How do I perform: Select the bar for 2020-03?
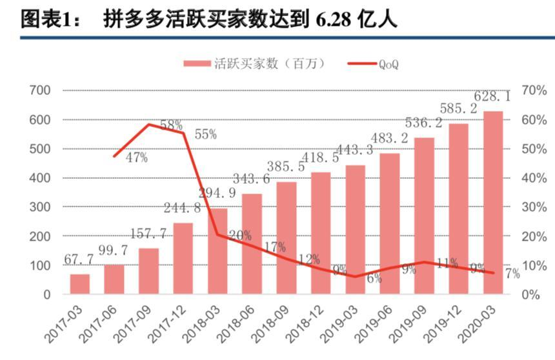[x=494, y=203]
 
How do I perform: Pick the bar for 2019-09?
[x=425, y=215]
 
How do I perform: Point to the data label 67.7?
[x=79, y=259]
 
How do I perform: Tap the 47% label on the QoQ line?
[x=137, y=158]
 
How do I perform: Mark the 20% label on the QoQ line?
[x=239, y=236]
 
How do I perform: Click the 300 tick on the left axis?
[x=41, y=207]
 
